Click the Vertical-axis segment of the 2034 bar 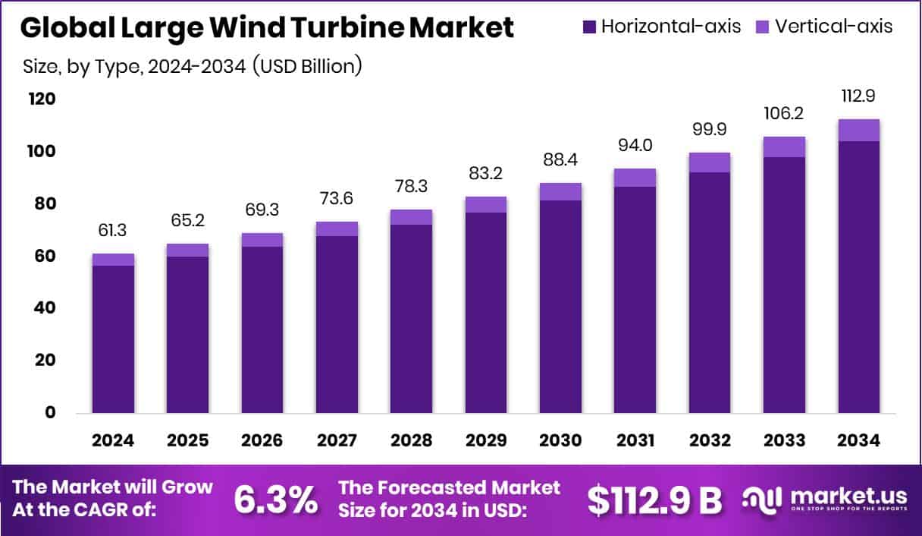point(859,131)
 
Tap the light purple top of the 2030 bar point(560,192)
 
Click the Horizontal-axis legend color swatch point(589,27)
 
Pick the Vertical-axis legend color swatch point(762,27)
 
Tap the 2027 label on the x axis point(337,441)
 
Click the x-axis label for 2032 point(710,441)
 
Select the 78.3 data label point(411,187)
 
